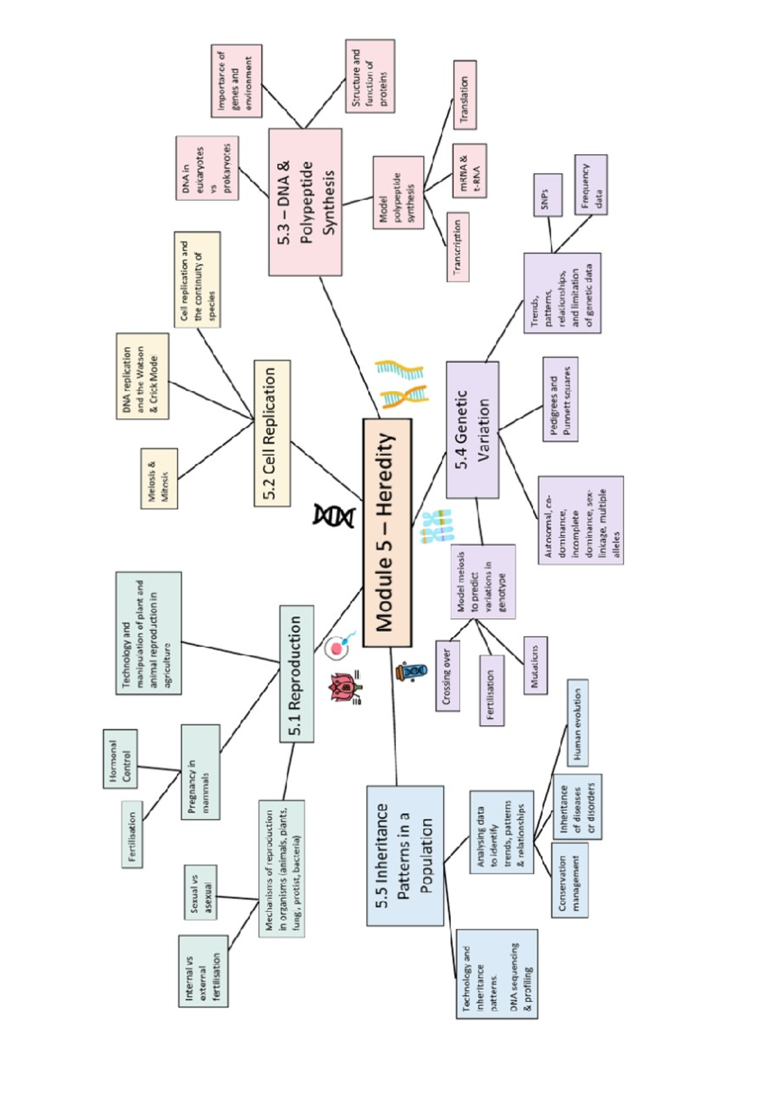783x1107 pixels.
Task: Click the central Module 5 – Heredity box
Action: point(387,533)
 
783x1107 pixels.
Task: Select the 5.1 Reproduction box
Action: point(296,674)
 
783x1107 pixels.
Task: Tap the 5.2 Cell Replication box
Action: point(273,433)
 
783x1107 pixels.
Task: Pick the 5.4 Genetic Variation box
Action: point(472,430)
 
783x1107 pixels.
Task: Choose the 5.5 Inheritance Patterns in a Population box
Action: point(405,855)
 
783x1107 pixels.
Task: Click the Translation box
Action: point(465,95)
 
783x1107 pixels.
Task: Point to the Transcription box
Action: point(457,247)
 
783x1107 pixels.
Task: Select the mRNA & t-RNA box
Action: point(469,171)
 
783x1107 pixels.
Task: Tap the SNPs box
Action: point(547,195)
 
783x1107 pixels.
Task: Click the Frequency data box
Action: point(591,184)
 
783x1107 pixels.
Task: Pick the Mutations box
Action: point(535,665)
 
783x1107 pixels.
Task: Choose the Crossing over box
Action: point(447,676)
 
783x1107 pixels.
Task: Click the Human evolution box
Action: point(577,722)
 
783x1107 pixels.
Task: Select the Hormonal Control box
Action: point(120,758)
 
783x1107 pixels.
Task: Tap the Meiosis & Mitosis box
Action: point(159,478)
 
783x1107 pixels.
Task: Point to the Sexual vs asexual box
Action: point(200,892)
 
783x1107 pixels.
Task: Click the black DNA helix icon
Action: point(334,516)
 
